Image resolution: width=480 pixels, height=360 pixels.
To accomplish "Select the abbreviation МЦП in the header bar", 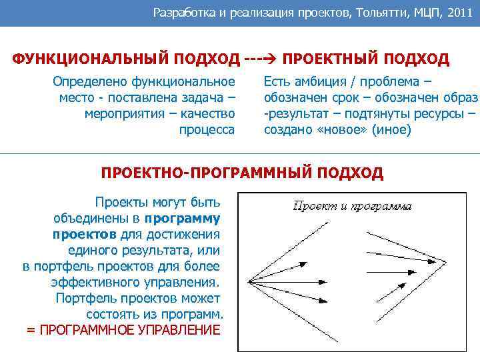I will (421, 12).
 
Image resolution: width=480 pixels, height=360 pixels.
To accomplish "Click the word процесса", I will (207, 129).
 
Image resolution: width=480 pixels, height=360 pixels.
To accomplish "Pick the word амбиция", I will (321, 83).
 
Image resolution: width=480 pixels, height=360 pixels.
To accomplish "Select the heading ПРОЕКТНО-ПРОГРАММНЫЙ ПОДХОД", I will (242, 174).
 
